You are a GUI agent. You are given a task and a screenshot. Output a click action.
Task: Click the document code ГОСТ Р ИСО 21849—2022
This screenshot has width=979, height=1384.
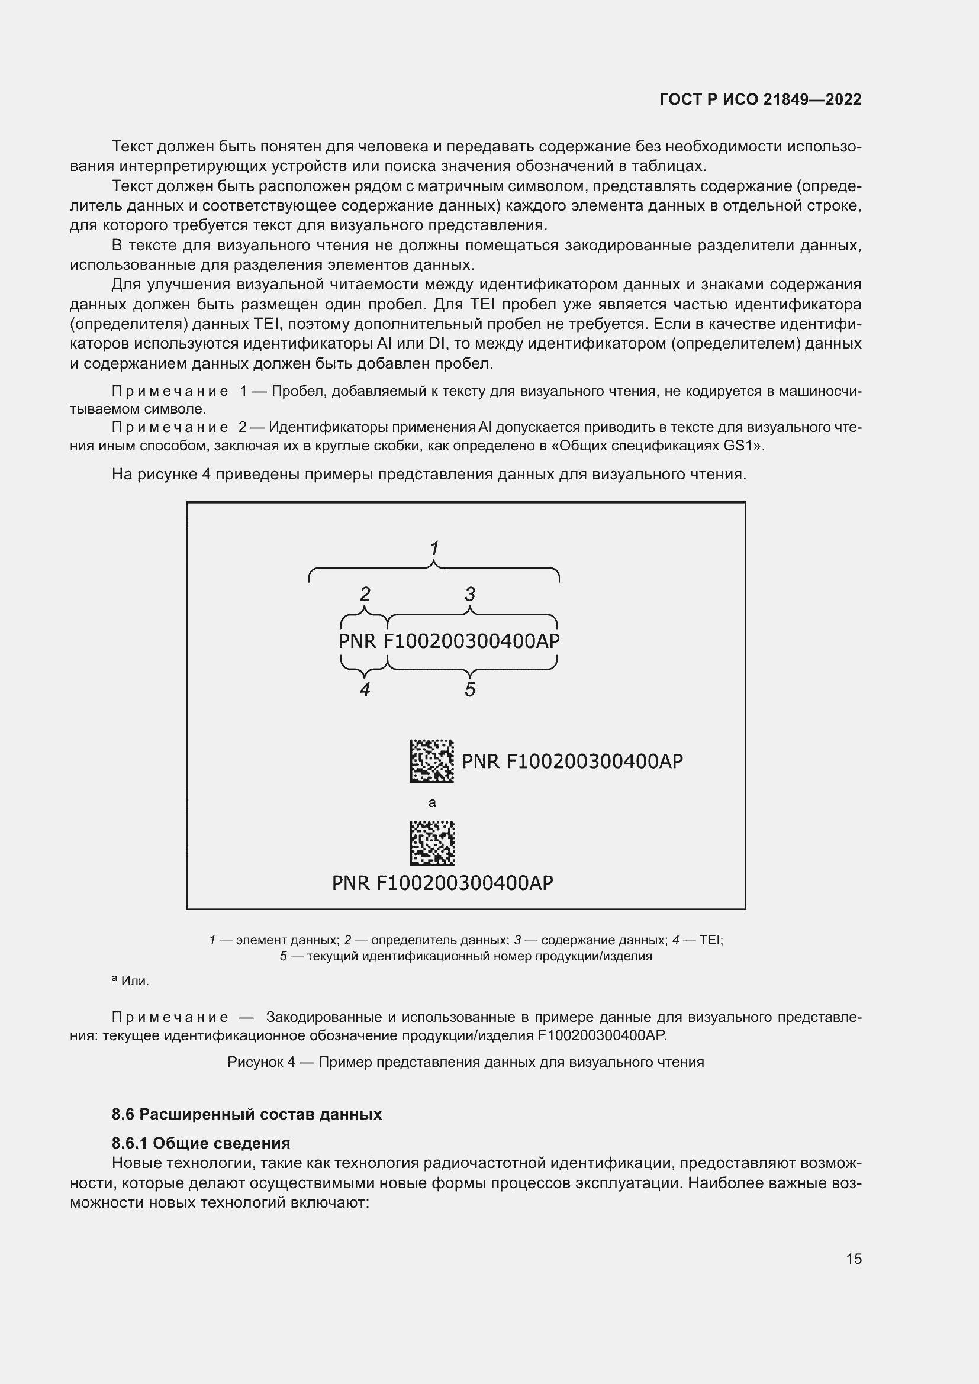(760, 99)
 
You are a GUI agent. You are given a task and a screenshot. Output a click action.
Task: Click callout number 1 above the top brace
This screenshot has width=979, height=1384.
(433, 548)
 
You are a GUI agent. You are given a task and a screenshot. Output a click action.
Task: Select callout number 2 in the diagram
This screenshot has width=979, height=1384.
(365, 594)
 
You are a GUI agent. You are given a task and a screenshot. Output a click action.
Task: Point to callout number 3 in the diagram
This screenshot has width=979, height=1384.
(469, 594)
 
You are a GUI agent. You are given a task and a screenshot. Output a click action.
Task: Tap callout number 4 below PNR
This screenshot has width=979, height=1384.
(365, 689)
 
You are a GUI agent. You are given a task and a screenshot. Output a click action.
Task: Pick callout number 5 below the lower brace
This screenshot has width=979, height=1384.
(469, 689)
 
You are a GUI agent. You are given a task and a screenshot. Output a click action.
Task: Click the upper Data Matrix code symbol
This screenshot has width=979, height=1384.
(431, 762)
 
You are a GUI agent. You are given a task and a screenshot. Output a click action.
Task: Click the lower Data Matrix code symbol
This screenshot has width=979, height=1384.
(432, 843)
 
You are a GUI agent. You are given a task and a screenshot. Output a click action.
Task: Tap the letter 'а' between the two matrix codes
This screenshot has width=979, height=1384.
(431, 802)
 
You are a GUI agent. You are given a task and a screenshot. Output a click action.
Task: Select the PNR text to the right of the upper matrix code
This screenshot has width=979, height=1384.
(572, 762)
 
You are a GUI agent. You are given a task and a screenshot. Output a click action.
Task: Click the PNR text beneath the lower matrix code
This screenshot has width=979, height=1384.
(443, 883)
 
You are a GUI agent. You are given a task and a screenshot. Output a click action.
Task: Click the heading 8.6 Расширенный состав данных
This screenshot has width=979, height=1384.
(247, 1114)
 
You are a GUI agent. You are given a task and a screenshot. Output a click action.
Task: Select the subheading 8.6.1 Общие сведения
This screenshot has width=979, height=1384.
(201, 1143)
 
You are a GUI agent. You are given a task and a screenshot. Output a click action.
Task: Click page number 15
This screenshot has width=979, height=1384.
(854, 1259)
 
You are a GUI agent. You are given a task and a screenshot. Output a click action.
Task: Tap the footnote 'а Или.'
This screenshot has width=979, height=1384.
(130, 980)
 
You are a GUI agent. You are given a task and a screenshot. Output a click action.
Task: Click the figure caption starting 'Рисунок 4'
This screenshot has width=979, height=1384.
(465, 1062)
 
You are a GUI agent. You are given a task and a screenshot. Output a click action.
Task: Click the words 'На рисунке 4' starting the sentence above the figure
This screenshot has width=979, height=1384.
(160, 475)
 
